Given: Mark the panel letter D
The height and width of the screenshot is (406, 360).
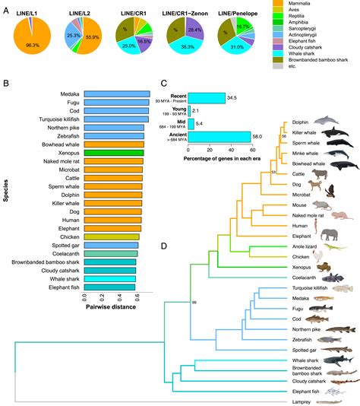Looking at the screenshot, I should point(164,246).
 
